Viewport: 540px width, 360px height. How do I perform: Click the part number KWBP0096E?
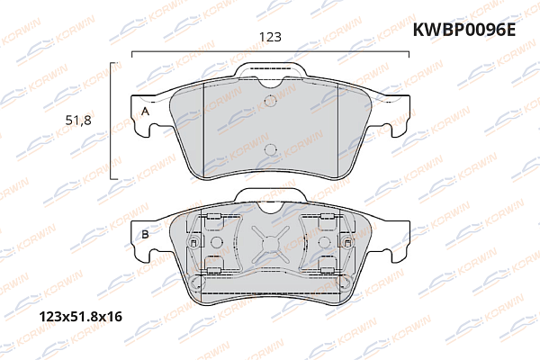tap(463, 29)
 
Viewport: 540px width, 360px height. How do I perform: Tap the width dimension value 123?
tap(270, 37)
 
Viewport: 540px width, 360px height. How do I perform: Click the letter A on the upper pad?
tap(144, 111)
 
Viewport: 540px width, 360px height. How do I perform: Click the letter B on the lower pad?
tap(144, 236)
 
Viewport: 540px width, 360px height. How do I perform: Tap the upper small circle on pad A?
tap(270, 101)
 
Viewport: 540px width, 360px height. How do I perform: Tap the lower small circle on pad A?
tap(270, 148)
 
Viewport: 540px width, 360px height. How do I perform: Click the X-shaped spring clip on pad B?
tap(270, 242)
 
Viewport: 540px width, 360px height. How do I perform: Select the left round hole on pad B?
tap(217, 242)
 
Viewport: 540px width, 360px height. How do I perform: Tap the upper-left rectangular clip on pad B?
tap(212, 220)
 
